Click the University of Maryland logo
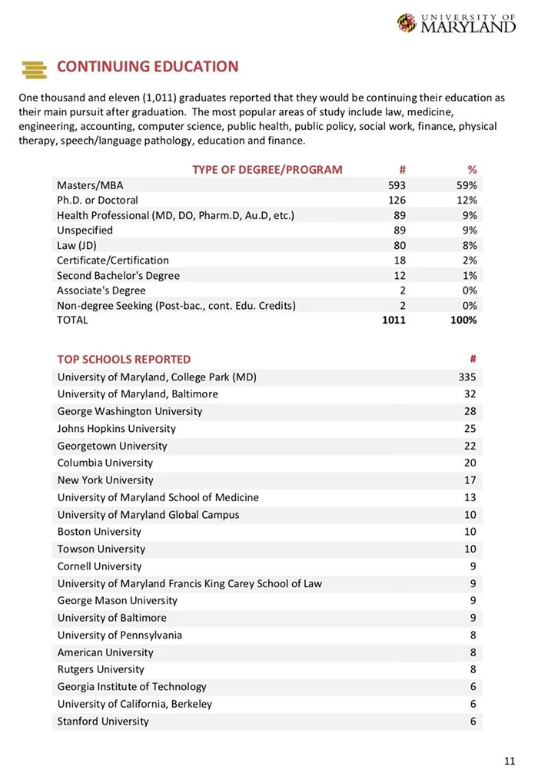pos(457,23)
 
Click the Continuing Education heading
pos(148,67)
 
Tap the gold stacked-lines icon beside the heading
pos(35,69)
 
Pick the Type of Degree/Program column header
pos(267,170)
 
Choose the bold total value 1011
pos(394,320)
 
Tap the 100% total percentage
pos(463,320)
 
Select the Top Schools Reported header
pos(124,360)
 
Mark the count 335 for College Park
pos(467,377)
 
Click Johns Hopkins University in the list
pos(116,429)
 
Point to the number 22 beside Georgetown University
pos(470,446)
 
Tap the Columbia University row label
pos(105,463)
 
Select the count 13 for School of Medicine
pos(470,497)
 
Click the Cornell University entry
pos(99,566)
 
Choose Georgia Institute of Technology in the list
pos(131,687)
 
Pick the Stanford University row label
pos(103,722)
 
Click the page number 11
pos(510,762)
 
